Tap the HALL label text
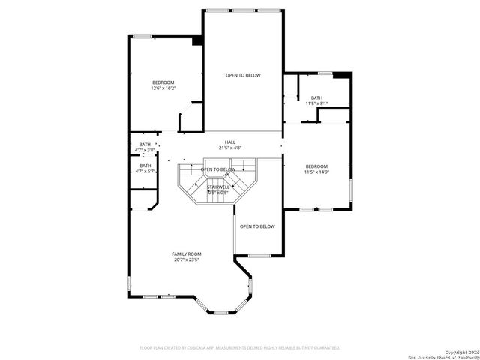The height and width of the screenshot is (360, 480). point(230,142)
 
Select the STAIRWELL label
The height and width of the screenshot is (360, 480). point(207,187)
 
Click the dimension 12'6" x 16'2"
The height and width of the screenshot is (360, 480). point(163,88)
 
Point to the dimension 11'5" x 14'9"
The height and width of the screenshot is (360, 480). point(316,172)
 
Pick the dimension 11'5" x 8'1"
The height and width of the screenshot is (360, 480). point(316,103)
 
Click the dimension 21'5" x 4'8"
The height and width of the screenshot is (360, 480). point(230,148)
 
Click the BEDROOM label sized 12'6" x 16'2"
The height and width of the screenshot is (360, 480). point(163,82)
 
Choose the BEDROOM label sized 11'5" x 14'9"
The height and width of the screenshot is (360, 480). point(316,166)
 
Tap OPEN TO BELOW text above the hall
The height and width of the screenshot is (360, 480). point(243,75)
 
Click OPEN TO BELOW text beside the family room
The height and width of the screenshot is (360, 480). point(257,226)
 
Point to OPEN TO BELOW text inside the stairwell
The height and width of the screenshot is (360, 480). point(218,169)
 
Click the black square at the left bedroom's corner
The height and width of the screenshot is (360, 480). point(197,41)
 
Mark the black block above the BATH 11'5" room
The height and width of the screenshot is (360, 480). point(342,75)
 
